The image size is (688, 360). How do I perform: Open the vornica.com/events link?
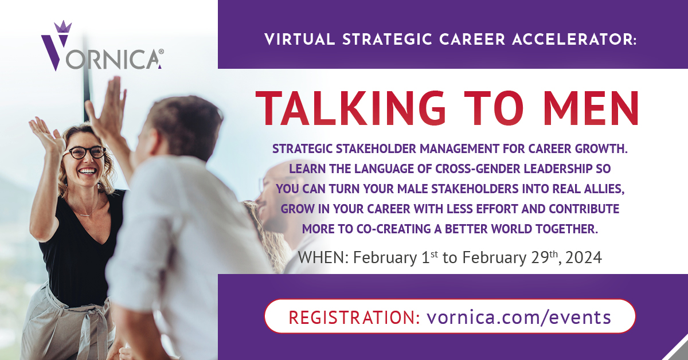(x=519, y=316)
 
